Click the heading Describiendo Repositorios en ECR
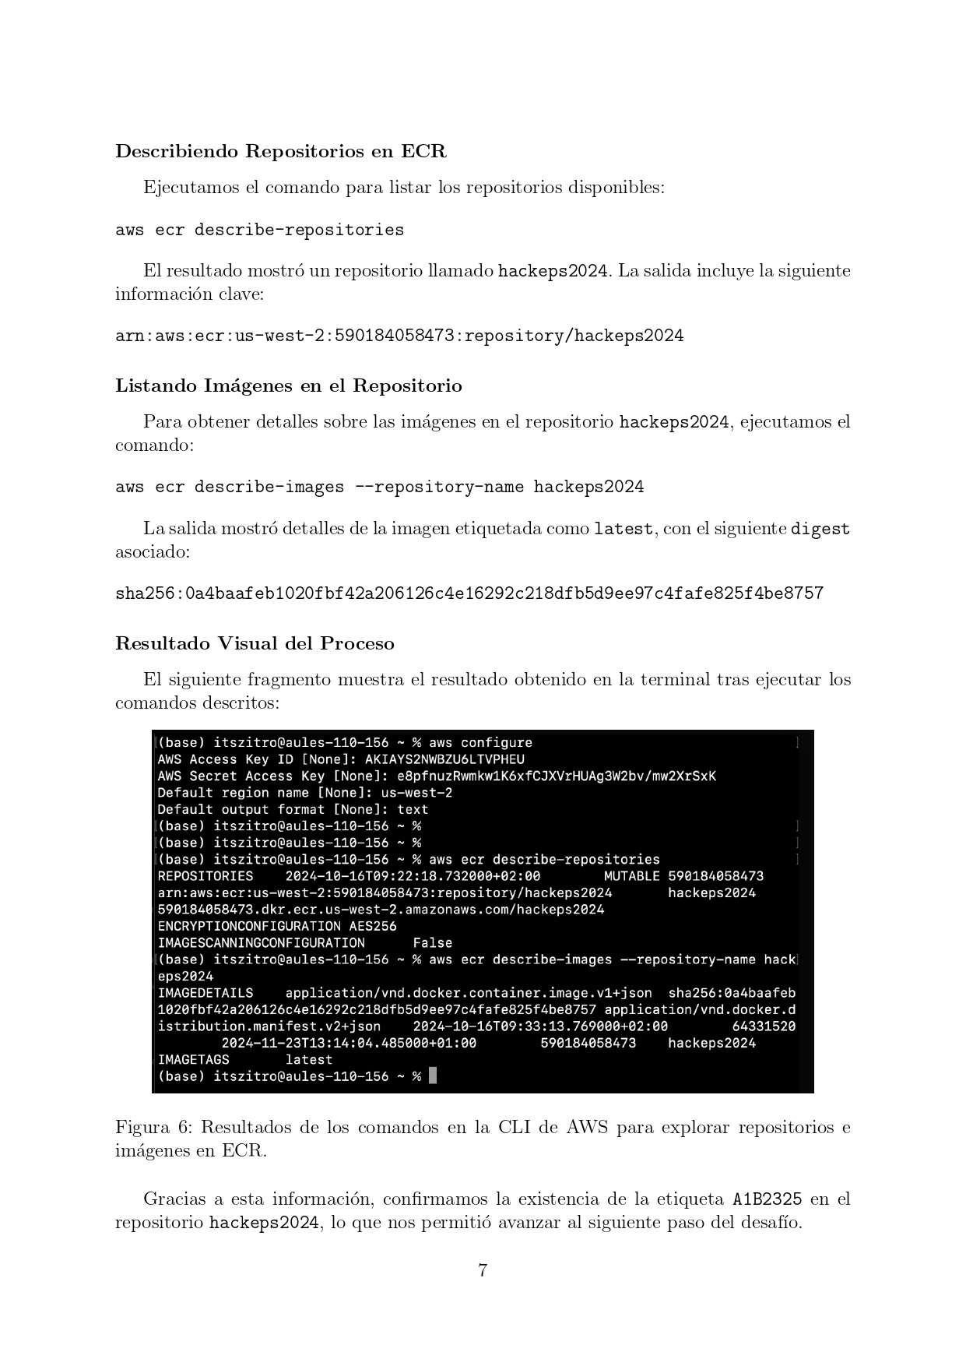(280, 151)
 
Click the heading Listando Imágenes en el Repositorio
(288, 386)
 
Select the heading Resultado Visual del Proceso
(255, 643)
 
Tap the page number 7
(483, 1270)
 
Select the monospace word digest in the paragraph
(820, 529)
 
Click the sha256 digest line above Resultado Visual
(469, 593)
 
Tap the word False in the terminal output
(432, 942)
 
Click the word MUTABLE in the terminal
(631, 876)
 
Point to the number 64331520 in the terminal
(764, 1026)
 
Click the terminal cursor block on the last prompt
(433, 1076)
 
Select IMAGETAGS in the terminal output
(193, 1059)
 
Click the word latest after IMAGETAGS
(308, 1059)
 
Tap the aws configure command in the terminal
(480, 742)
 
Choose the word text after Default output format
(413, 809)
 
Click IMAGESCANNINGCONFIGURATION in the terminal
(261, 942)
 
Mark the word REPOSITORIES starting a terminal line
(205, 876)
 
